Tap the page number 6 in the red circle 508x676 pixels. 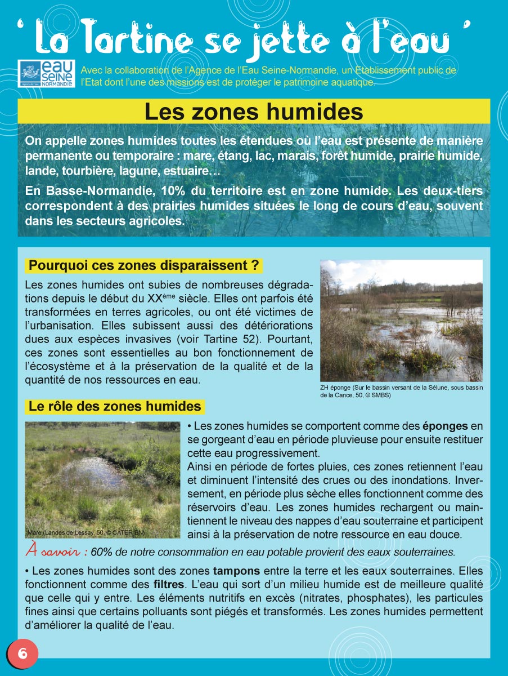click(x=23, y=653)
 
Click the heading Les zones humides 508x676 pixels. click(x=254, y=112)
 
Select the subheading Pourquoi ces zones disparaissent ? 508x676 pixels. click(x=143, y=265)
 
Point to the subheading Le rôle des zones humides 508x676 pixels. click(x=115, y=406)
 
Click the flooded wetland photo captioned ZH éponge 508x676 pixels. click(x=401, y=320)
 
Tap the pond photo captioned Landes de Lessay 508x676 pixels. click(x=102, y=479)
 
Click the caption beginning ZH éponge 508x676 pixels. click(x=401, y=392)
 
